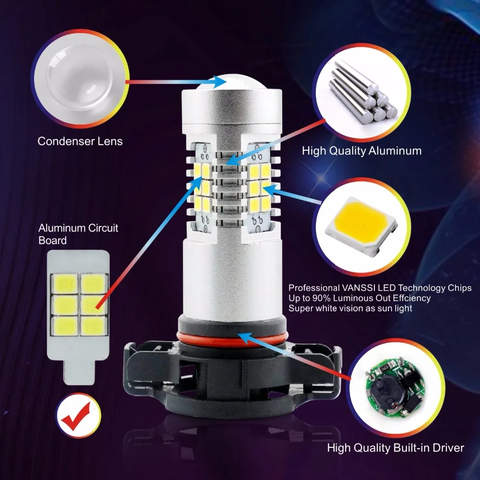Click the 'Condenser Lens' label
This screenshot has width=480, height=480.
pyautogui.click(x=80, y=142)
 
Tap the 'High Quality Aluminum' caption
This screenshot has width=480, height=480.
pyautogui.click(x=361, y=151)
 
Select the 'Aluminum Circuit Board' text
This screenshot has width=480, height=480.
pyautogui.click(x=78, y=234)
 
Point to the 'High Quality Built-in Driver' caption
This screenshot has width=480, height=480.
pyautogui.click(x=396, y=448)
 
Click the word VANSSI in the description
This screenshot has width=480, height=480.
pyautogui.click(x=358, y=288)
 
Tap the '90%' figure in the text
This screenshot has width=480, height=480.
pyautogui.click(x=322, y=298)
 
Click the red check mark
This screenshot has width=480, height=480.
pyautogui.click(x=76, y=416)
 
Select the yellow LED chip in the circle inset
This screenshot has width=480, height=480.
pyautogui.click(x=362, y=225)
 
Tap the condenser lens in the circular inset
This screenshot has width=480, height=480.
pyautogui.click(x=80, y=78)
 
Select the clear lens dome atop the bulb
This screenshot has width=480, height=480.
pyautogui.click(x=232, y=82)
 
